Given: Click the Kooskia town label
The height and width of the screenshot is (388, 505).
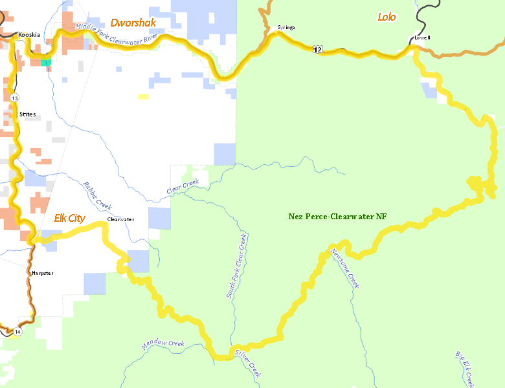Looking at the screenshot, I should point(28,34).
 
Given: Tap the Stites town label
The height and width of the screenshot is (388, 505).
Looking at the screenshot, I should point(27,114).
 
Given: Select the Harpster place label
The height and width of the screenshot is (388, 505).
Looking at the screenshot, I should point(42,273).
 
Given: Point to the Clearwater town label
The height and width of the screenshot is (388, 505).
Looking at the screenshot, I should point(120,219).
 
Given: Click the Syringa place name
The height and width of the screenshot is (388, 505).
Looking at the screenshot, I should point(286,28).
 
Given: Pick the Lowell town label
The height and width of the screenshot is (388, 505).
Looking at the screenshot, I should point(422,38).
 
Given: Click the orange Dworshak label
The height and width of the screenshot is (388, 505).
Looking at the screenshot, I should point(133,23).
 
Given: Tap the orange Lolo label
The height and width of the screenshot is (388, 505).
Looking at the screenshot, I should point(387,17).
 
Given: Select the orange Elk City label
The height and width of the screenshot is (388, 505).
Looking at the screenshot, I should point(69,219).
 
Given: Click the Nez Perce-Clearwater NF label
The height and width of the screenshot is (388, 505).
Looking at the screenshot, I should point(337,216).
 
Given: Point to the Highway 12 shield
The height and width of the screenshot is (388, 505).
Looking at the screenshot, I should point(317,49).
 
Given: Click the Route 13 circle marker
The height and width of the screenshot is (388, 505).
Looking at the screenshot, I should point(14,98).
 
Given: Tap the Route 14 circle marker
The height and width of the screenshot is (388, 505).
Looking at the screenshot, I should point(17,332).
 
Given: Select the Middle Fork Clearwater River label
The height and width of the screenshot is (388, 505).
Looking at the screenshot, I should point(117,32).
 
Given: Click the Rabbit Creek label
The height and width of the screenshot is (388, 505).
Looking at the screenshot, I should point(98,195).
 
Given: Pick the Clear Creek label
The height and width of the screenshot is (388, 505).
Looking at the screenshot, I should point(182,188).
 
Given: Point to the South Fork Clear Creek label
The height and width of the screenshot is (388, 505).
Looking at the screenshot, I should point(236,266).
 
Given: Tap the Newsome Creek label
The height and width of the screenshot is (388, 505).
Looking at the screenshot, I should point(344,268).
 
